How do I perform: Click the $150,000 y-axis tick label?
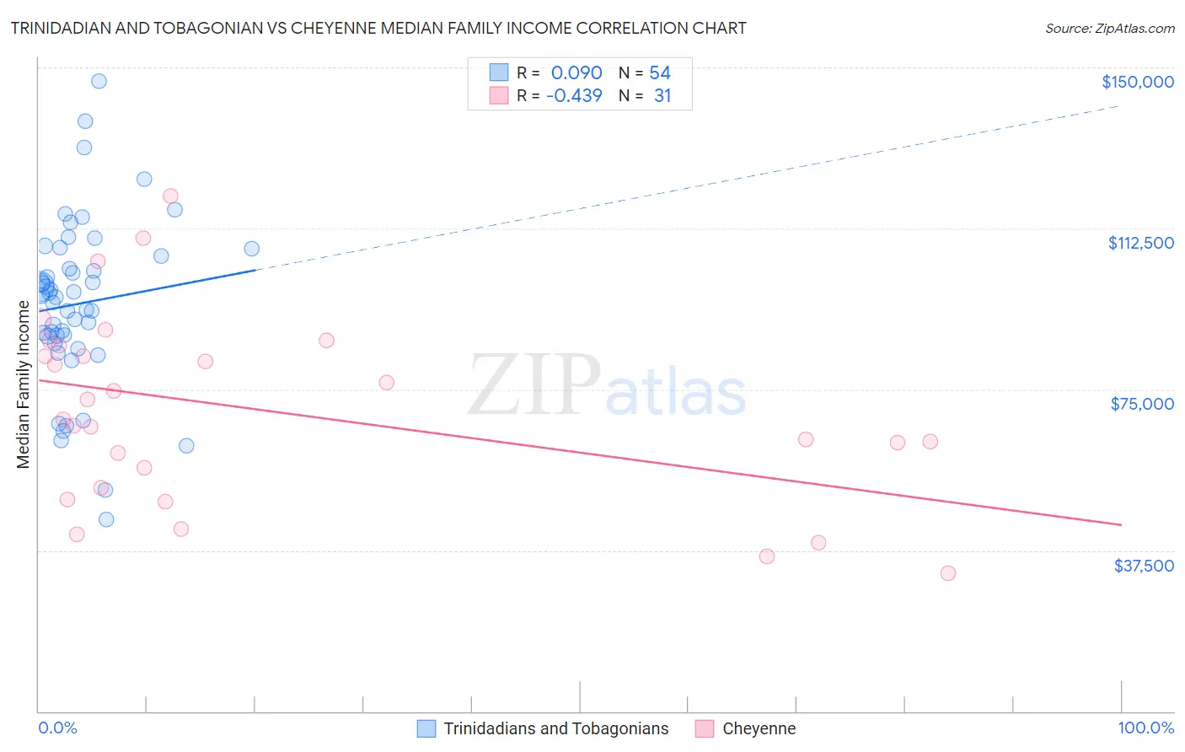[1137, 82]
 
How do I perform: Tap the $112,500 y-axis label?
[1140, 243]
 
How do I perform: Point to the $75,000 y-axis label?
[1142, 404]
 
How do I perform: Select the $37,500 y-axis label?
[1144, 566]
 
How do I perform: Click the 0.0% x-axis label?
[57, 728]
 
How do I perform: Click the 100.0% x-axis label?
[1145, 728]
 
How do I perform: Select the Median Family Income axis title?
[24, 384]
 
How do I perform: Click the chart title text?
[378, 28]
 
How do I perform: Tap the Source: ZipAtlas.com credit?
[1109, 29]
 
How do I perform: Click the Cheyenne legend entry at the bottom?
[759, 728]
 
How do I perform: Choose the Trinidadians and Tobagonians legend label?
[555, 728]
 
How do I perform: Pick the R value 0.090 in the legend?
[576, 73]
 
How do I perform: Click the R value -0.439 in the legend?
[574, 96]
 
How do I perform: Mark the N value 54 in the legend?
[660, 73]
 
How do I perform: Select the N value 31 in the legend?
[662, 96]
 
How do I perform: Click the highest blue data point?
[99, 81]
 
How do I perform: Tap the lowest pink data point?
[948, 573]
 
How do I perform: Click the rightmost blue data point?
[251, 249]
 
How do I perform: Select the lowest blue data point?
[106, 519]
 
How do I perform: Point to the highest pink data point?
[170, 196]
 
